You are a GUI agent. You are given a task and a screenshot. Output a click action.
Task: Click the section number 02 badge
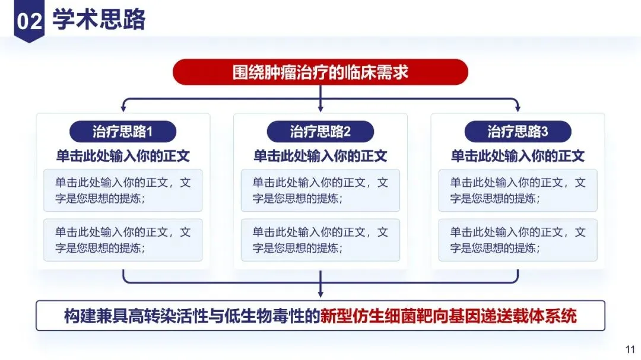tap(29, 21)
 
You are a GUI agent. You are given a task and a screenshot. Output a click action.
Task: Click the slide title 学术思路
tap(99, 20)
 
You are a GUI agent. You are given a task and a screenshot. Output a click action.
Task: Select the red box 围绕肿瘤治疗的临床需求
tap(320, 72)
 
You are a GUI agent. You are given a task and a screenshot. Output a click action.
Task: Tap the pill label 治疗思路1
tap(123, 131)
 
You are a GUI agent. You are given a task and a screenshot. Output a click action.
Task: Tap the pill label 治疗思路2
tap(320, 131)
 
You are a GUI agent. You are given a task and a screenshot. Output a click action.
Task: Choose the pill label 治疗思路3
tap(518, 131)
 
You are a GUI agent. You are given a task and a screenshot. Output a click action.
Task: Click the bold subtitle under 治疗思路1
tap(123, 156)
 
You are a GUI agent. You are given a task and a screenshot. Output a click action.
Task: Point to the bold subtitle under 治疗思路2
tap(320, 156)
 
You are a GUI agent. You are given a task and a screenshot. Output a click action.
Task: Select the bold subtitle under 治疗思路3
tap(518, 156)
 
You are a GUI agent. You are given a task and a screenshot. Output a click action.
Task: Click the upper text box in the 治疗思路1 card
tap(123, 190)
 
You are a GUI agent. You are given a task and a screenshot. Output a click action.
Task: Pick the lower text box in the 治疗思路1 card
tap(123, 240)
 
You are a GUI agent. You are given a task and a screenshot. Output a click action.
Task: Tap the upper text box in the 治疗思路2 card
tap(320, 190)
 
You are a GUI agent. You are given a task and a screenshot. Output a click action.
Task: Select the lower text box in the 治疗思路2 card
tap(320, 240)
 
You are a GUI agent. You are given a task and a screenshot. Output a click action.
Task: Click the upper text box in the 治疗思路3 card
tap(518, 190)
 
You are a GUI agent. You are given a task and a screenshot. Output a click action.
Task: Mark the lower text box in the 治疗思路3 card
tap(518, 240)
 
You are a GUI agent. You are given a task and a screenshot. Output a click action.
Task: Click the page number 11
tap(631, 349)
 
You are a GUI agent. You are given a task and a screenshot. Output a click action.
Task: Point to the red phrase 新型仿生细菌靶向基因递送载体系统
tap(448, 316)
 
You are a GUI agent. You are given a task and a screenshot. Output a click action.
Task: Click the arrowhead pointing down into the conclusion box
tap(320, 294)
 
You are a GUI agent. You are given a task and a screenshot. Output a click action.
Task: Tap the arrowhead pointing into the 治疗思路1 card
tap(123, 109)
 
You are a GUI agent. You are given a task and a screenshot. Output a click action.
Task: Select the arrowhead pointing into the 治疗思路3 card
tap(518, 109)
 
